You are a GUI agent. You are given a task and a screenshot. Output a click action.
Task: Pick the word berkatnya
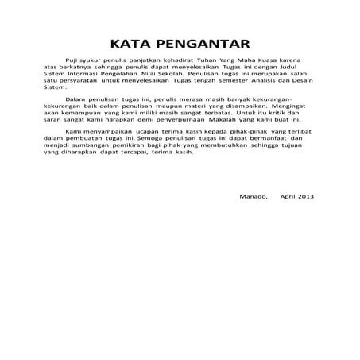[75, 68]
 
